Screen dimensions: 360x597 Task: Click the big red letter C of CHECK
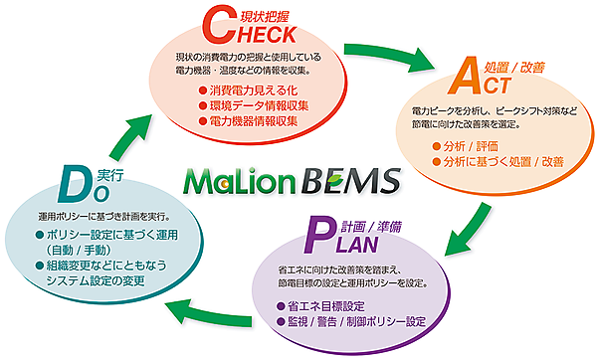tap(216, 24)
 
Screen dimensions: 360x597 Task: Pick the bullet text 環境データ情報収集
tap(252, 105)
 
